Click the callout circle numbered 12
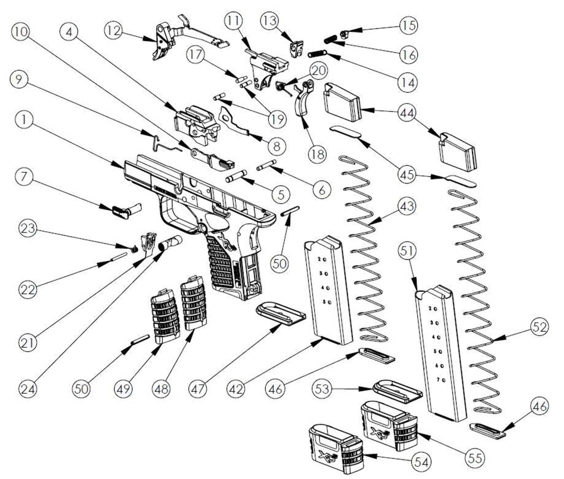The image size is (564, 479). coord(114,31)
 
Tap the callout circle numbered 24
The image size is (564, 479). coord(28,389)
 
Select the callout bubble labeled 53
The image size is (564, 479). coord(322,389)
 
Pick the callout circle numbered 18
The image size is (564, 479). coord(317,154)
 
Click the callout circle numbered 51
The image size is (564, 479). coord(407,251)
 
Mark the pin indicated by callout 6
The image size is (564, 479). coord(267,165)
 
